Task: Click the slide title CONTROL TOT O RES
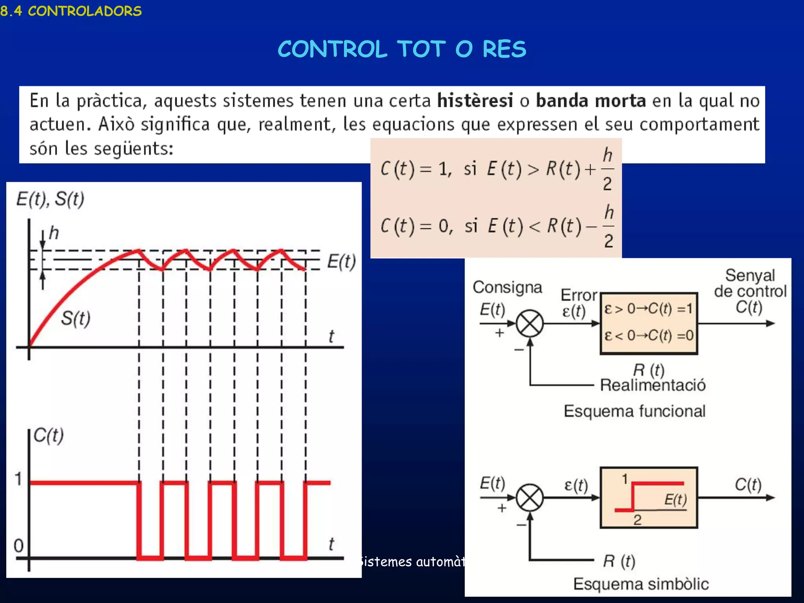(x=402, y=49)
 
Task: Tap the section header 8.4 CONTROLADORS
(x=71, y=11)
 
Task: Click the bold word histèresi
(x=475, y=100)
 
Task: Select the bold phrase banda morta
(x=591, y=100)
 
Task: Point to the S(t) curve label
(x=76, y=318)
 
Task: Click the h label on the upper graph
(x=54, y=233)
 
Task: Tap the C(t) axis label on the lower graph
(x=49, y=435)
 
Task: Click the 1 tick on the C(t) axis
(x=18, y=479)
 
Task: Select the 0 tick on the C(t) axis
(x=18, y=546)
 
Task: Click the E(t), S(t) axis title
(x=50, y=199)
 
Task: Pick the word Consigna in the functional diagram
(x=507, y=287)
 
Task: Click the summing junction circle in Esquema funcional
(x=530, y=324)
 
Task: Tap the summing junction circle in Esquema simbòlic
(x=530, y=498)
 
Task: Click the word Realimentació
(x=653, y=385)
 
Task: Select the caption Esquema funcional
(x=634, y=411)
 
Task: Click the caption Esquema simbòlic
(x=641, y=584)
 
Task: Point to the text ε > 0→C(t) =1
(x=649, y=309)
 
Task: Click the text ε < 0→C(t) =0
(x=649, y=335)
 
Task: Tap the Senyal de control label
(x=750, y=283)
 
